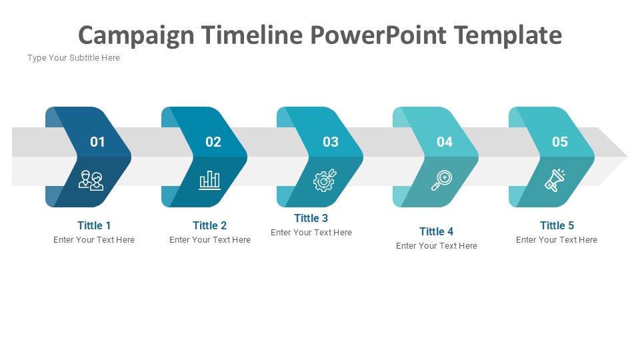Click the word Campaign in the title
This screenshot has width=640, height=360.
pyautogui.click(x=136, y=35)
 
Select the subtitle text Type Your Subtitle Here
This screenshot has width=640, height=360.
pyautogui.click(x=74, y=58)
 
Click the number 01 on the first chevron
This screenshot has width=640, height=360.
pyautogui.click(x=97, y=141)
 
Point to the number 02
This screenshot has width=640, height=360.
pyautogui.click(x=213, y=141)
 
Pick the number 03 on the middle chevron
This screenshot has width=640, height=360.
pyautogui.click(x=331, y=141)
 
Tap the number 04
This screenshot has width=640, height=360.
pyautogui.click(x=445, y=141)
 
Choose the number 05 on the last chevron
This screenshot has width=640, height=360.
pyautogui.click(x=560, y=141)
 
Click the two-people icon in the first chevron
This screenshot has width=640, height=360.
pyautogui.click(x=91, y=181)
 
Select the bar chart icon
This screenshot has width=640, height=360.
pyautogui.click(x=210, y=181)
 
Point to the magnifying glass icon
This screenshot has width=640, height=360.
pyautogui.click(x=441, y=180)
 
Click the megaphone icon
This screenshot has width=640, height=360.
pyautogui.click(x=555, y=181)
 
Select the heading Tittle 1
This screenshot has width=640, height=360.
pyautogui.click(x=94, y=225)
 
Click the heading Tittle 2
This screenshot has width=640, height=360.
pyautogui.click(x=210, y=225)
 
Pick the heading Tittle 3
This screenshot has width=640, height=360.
pyautogui.click(x=311, y=218)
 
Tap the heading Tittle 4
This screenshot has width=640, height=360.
pyautogui.click(x=436, y=231)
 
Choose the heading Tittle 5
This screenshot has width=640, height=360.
pyautogui.click(x=557, y=225)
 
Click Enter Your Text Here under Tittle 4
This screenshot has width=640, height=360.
pyautogui.click(x=436, y=246)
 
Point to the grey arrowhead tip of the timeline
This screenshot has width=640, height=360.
pyautogui.click(x=627, y=156)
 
